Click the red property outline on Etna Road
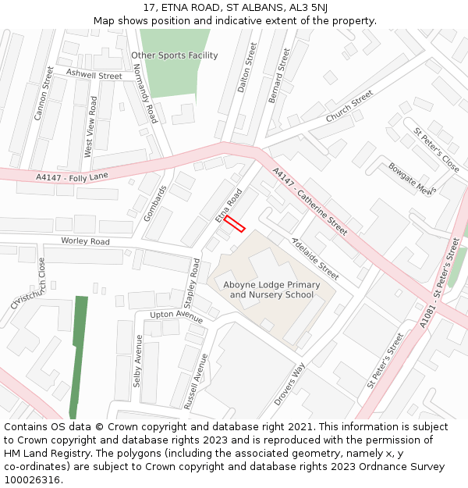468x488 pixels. [235, 224]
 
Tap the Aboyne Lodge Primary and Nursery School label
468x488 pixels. [271, 290]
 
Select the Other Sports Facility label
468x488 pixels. [175, 55]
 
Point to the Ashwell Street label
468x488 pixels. [94, 74]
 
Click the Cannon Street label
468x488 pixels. [44, 94]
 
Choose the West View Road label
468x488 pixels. [90, 127]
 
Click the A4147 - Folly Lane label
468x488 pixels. [72, 178]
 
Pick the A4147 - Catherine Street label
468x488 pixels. [310, 201]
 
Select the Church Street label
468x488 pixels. [349, 106]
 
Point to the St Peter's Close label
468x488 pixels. [437, 150]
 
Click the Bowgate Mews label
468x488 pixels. [410, 179]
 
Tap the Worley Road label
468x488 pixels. [85, 241]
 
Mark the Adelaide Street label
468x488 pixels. [314, 258]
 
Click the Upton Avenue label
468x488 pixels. [176, 314]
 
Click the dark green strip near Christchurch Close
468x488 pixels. [78, 356]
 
